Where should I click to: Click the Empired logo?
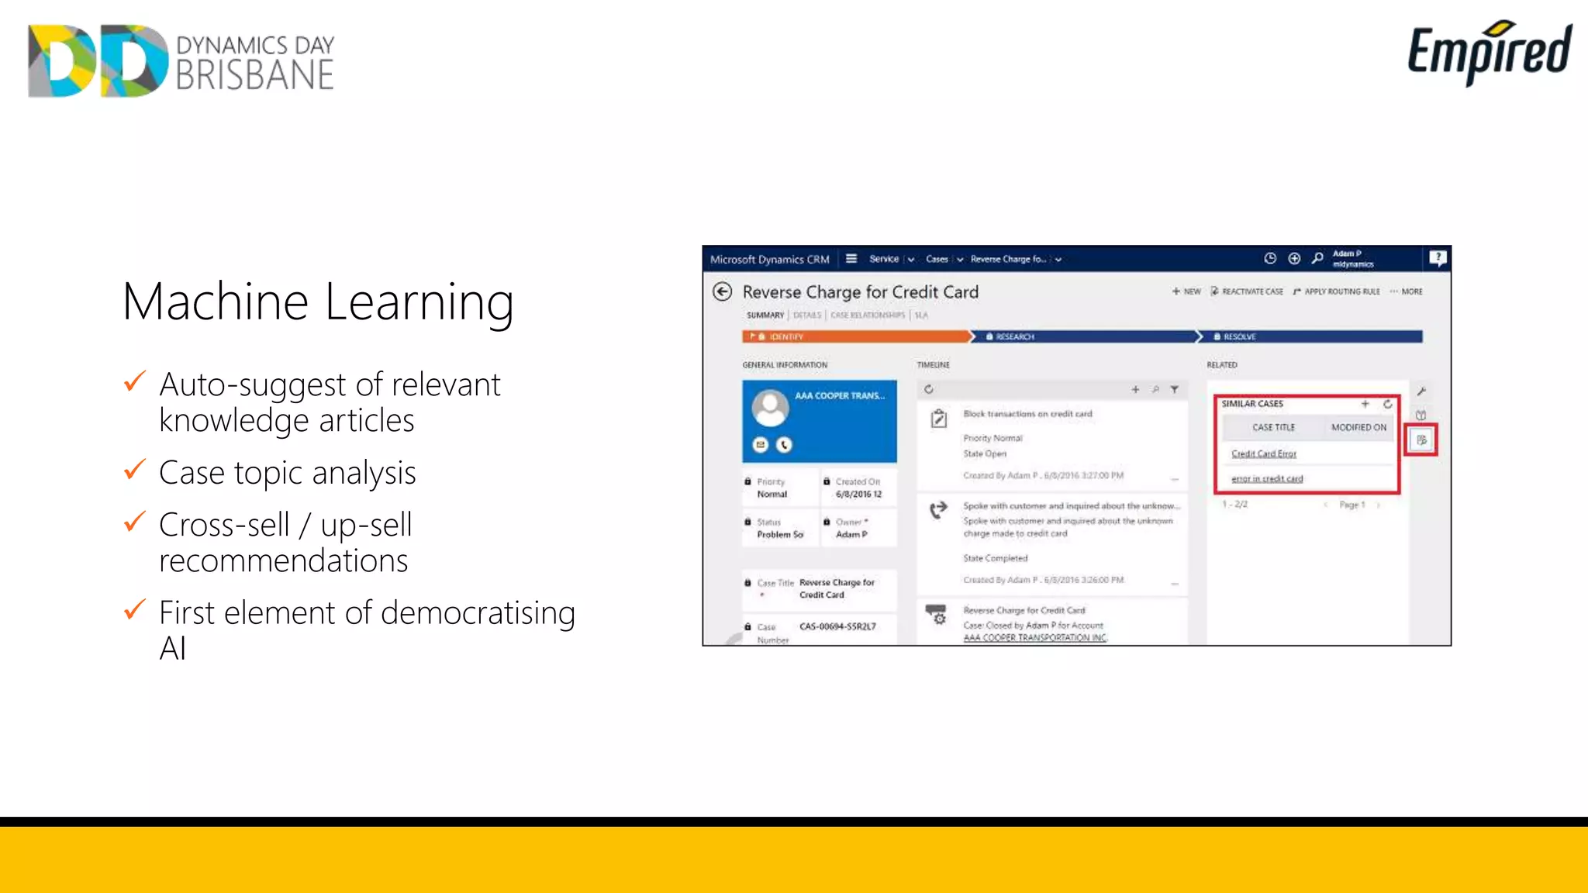pos(1489,51)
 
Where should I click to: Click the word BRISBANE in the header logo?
pos(255,76)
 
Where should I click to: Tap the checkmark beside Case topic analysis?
pos(135,470)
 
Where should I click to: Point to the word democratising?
pos(478,612)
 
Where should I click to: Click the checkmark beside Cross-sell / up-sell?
pos(135,522)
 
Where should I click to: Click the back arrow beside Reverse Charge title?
pos(722,291)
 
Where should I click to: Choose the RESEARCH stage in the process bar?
pos(1015,336)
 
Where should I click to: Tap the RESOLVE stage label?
pos(1239,336)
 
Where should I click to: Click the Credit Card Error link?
pos(1264,453)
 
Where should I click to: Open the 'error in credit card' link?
pos(1267,479)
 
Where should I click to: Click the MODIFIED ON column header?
pos(1358,427)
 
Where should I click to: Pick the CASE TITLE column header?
pos(1273,427)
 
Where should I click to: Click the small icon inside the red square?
pos(1421,440)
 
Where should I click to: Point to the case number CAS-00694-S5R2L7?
pos(837,626)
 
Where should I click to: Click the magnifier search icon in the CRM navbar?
pos(1317,258)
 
